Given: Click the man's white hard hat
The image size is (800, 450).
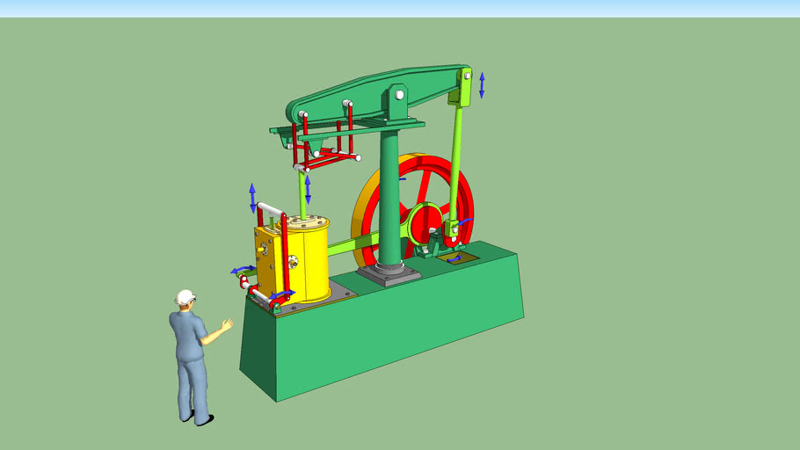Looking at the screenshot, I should [185, 297].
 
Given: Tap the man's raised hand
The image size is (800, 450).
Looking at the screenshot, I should [228, 325].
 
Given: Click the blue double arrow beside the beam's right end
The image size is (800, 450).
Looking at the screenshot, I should [482, 86].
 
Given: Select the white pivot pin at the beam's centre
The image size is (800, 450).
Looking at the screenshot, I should [399, 94].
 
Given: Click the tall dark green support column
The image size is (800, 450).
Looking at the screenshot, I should [389, 193].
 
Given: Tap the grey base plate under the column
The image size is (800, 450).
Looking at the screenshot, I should [389, 275].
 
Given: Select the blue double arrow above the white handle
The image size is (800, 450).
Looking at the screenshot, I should [253, 197].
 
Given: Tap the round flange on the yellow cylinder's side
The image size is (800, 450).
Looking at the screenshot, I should [292, 261].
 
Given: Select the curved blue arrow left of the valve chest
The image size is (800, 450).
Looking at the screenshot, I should [241, 270].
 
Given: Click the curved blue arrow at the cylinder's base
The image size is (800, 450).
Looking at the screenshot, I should [283, 294].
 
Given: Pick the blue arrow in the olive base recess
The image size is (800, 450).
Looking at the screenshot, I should [454, 259].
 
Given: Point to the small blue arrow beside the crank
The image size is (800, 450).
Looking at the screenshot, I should [467, 221].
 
